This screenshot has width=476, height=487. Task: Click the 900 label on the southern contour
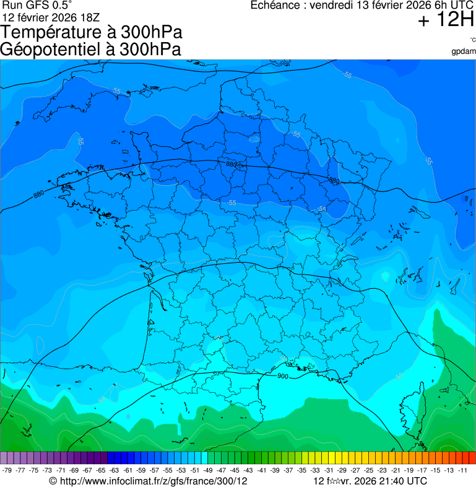click(x=283, y=376)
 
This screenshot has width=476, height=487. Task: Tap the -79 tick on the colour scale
click(x=8, y=470)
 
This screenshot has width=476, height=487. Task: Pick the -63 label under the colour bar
click(x=115, y=470)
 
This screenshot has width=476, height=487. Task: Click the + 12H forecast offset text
click(x=446, y=20)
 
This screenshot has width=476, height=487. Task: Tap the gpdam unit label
click(x=464, y=51)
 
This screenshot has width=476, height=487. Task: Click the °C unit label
click(x=472, y=40)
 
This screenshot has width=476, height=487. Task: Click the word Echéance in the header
click(x=276, y=6)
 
